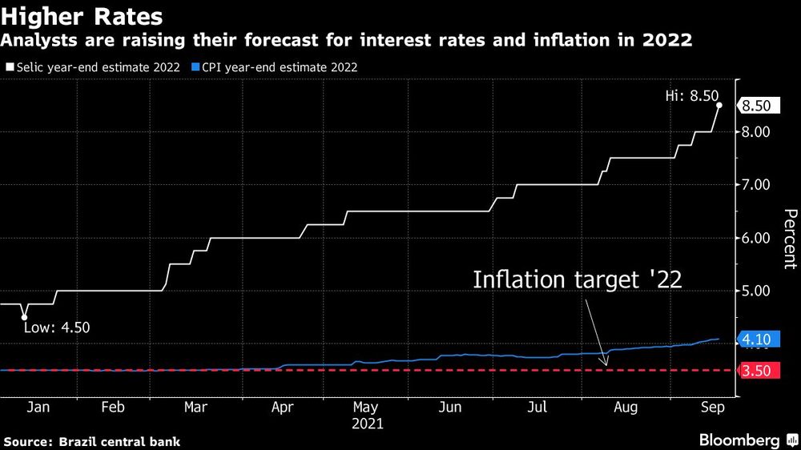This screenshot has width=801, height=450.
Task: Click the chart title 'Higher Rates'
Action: (83, 16)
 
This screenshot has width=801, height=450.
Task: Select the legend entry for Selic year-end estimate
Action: (93, 67)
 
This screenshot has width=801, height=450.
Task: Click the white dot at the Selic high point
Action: (719, 105)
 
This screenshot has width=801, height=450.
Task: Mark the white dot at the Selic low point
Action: (25, 317)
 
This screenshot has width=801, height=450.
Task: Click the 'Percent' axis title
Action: (790, 238)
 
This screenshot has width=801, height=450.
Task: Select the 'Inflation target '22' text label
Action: (577, 280)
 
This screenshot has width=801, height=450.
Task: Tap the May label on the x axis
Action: (366, 408)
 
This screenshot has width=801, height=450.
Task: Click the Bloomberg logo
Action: (739, 440)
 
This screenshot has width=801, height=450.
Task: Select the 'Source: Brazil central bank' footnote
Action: (92, 441)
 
